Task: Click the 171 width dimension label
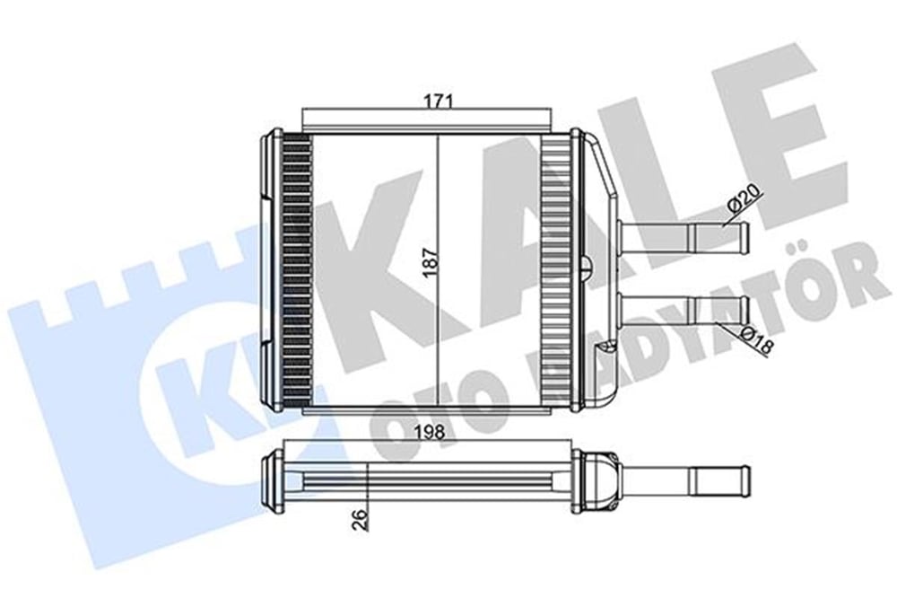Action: pos(439,101)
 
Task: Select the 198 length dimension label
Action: pos(430,433)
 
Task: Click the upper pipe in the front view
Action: pos(683,233)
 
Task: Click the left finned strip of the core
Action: pos(298,270)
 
